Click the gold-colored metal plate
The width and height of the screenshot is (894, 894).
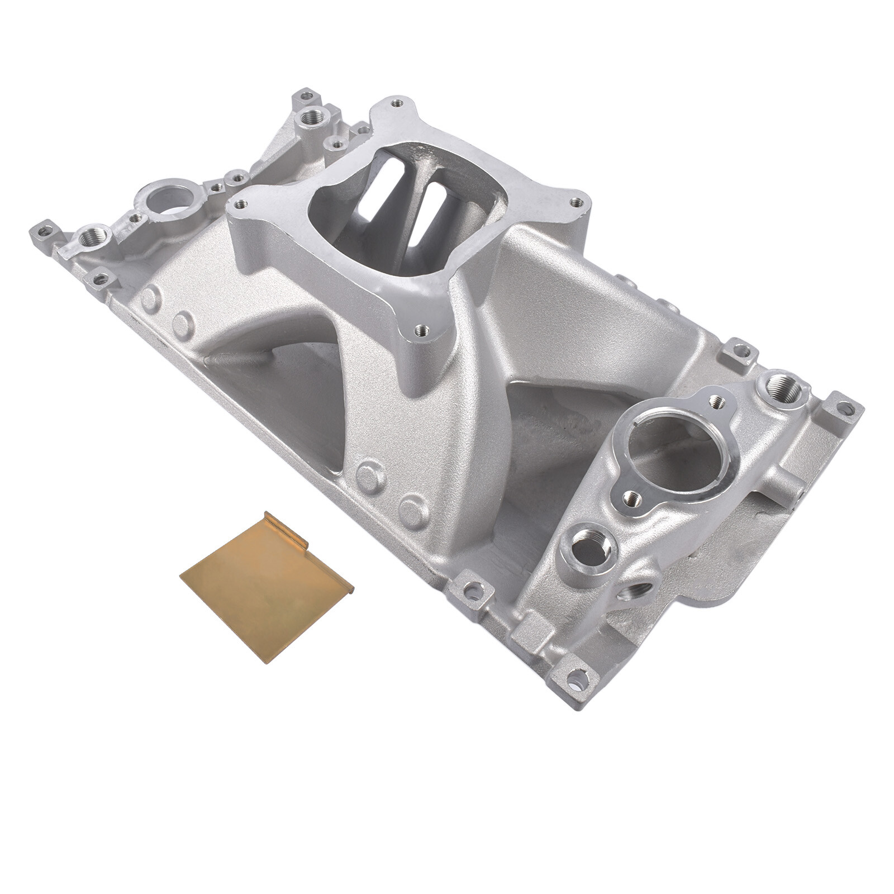pyautogui.click(x=263, y=592)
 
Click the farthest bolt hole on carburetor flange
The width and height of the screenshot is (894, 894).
pyautogui.click(x=397, y=103)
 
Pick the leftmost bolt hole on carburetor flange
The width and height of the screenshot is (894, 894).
pyautogui.click(x=240, y=205)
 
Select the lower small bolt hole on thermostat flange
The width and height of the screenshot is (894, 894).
pyautogui.click(x=631, y=496)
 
